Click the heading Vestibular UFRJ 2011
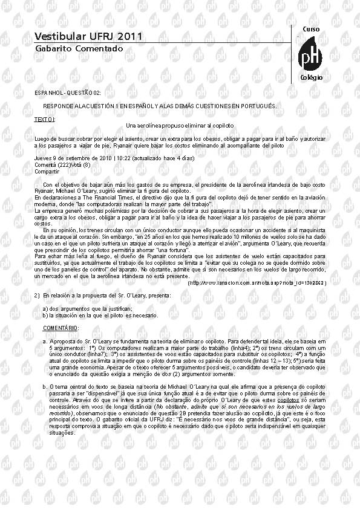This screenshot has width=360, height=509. point(88,37)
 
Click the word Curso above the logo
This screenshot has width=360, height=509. point(310,29)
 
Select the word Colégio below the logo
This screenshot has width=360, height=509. point(311,78)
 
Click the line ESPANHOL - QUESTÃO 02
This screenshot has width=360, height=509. point(68,92)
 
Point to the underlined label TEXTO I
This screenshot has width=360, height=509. point(45,119)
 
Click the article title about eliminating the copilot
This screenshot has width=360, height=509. point(180,125)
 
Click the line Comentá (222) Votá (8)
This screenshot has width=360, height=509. point(62,164)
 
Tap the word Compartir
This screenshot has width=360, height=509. point(47,171)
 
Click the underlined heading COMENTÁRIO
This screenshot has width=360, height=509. point(61,328)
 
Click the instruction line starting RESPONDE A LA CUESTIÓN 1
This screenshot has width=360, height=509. point(160,106)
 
